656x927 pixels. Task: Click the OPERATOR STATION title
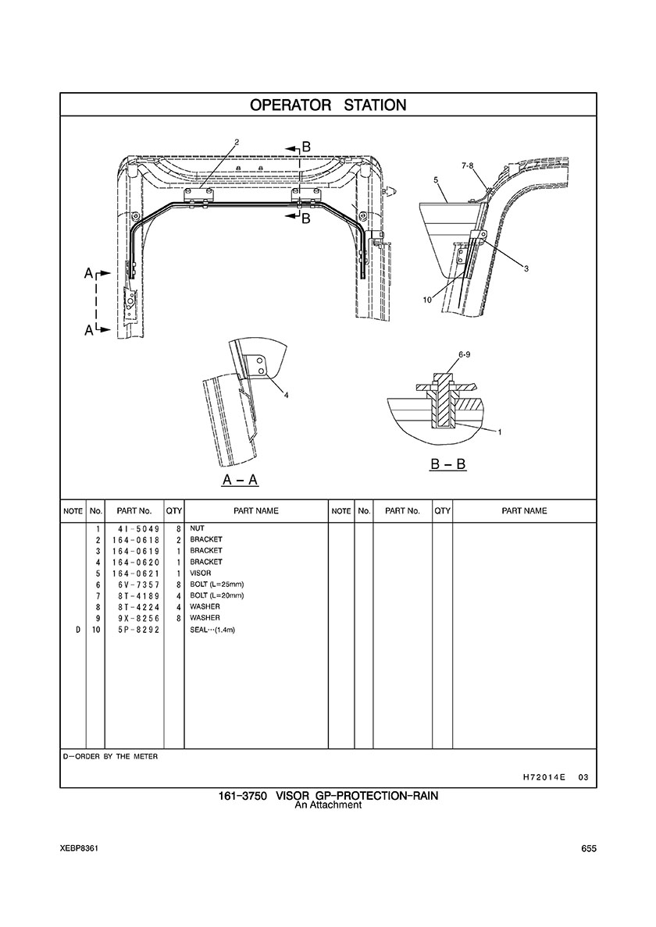pyautogui.click(x=328, y=105)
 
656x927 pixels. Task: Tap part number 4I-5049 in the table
pyautogui.click(x=134, y=528)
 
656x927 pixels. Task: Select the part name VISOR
pyautogui.click(x=201, y=573)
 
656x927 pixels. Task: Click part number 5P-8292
pyautogui.click(x=134, y=629)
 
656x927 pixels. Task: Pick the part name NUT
pyautogui.click(x=197, y=528)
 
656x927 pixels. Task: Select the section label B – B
pyautogui.click(x=448, y=464)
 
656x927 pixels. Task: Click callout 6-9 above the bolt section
pyautogui.click(x=463, y=354)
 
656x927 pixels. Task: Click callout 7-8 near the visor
pyautogui.click(x=468, y=165)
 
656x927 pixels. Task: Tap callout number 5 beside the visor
pyautogui.click(x=435, y=180)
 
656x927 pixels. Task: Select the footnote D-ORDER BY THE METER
pyautogui.click(x=111, y=756)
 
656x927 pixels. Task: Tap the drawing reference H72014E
pyautogui.click(x=543, y=777)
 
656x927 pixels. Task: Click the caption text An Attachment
pyautogui.click(x=328, y=805)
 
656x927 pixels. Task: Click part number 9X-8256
pyautogui.click(x=134, y=618)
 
